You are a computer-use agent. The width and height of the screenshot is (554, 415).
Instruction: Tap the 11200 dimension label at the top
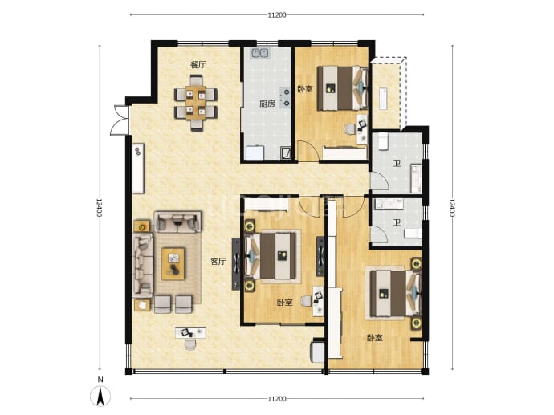click(x=277, y=14)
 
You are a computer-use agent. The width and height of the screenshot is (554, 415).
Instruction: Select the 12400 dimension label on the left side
click(x=100, y=208)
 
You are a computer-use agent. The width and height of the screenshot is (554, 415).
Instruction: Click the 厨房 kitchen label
click(x=267, y=104)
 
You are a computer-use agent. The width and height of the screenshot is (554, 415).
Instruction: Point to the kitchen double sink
click(x=260, y=53)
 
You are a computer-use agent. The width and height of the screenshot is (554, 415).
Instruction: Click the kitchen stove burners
click(x=285, y=97)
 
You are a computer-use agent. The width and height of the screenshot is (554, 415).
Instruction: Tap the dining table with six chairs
click(x=196, y=103)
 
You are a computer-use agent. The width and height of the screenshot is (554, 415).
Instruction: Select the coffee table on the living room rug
click(x=173, y=264)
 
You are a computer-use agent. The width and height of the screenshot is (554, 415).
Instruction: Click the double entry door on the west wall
click(x=120, y=120)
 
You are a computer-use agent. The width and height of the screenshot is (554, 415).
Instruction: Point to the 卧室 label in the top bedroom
click(x=305, y=88)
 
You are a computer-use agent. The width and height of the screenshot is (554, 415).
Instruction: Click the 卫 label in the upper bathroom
click(x=397, y=163)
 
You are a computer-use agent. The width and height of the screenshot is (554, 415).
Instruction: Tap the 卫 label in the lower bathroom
click(x=397, y=222)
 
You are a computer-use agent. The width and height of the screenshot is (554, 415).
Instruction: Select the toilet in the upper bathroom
click(x=383, y=140)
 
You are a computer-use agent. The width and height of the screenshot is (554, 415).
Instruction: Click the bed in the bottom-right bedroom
click(x=396, y=293)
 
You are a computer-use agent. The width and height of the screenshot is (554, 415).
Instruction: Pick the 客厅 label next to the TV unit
click(x=218, y=262)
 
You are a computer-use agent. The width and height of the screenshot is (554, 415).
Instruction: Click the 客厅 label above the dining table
click(x=198, y=65)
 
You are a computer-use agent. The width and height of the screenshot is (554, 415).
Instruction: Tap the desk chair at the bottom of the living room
click(x=190, y=344)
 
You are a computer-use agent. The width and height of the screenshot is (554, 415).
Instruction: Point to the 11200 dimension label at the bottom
click(x=277, y=399)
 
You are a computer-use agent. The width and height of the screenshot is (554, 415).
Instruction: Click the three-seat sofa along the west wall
click(x=143, y=265)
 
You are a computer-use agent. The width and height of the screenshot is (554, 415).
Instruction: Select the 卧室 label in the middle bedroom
click(x=284, y=303)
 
